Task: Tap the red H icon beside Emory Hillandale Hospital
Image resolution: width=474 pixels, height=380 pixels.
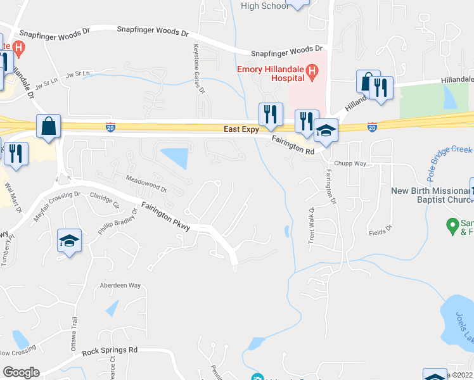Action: pyautogui.click(x=311, y=73)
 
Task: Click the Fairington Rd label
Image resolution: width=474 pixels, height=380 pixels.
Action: pyautogui.click(x=293, y=146)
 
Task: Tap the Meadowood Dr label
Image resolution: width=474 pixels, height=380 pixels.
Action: pyautogui.click(x=145, y=184)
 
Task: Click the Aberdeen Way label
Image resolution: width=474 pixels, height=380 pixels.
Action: pyautogui.click(x=120, y=286)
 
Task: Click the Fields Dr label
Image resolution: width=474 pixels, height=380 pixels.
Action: pyautogui.click(x=380, y=226)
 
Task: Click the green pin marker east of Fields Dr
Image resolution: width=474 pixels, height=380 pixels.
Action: pyautogui.click(x=452, y=224)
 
